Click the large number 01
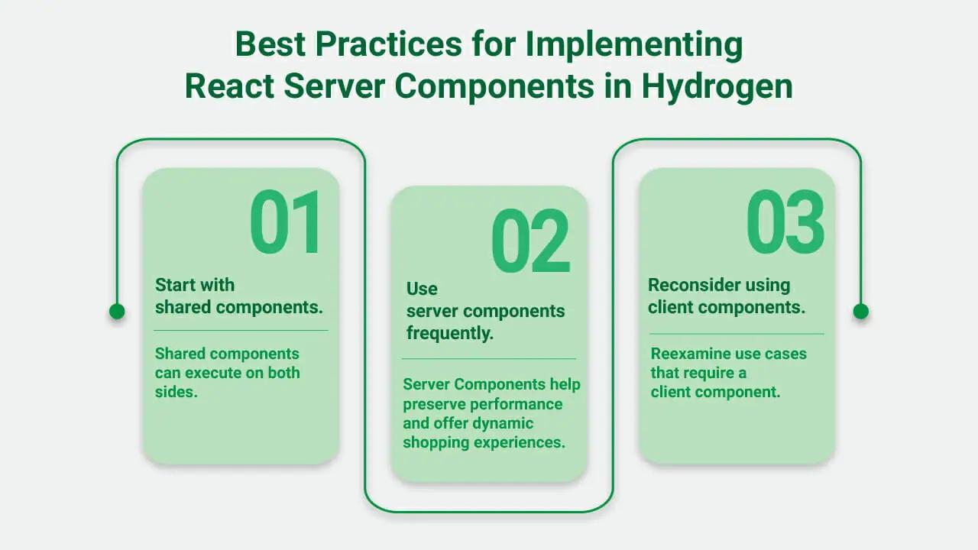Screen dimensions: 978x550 286,222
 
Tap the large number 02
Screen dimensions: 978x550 530,240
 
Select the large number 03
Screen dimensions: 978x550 785,222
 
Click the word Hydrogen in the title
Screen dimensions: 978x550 717,86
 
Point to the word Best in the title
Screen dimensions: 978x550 270,44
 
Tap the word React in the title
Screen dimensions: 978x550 230,86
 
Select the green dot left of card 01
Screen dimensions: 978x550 117,312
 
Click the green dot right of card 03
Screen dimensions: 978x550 861,312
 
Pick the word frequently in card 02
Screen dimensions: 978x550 450,333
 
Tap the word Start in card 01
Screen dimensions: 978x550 175,285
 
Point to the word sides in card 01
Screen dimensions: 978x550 176,392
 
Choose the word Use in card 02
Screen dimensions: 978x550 422,289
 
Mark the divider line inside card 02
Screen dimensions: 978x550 489,359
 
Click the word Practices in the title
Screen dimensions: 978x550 389,44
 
